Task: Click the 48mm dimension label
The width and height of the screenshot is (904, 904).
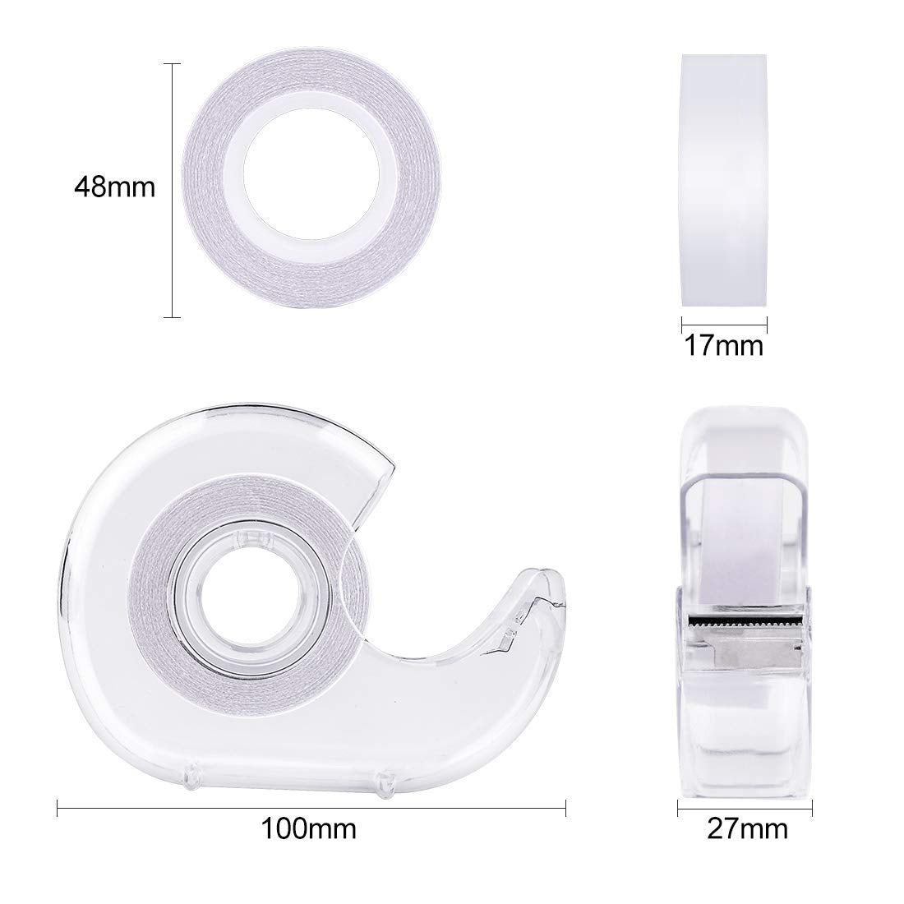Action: coord(115,187)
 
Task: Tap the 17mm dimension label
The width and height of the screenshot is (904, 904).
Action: coord(723,346)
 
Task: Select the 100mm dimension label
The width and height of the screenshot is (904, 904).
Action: coord(309,829)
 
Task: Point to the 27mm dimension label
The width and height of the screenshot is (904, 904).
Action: coord(747,829)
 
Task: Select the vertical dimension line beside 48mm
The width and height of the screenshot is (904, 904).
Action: coord(172,191)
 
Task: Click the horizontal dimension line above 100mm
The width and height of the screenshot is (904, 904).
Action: coord(311,808)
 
